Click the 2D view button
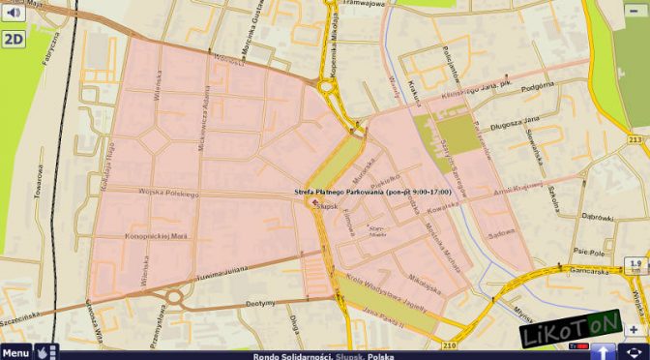[14, 40]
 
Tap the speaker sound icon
[13, 13]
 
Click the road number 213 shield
[635, 140]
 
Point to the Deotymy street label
[261, 302]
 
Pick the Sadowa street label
[500, 232]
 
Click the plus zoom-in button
[634, 329]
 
